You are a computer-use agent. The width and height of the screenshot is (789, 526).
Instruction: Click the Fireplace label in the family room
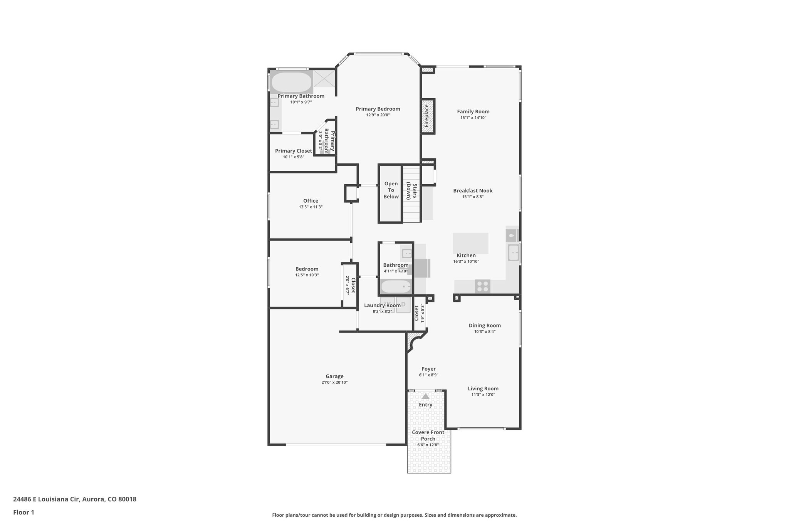coord(427,116)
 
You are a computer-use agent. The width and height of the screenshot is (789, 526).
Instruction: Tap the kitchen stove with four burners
coord(482,286)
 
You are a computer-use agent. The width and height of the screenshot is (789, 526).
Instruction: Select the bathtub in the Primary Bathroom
coord(292,82)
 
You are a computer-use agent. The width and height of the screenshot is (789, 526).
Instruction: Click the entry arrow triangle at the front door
coord(425,396)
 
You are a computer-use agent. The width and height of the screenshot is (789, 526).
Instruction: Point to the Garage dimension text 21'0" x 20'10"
coord(334,382)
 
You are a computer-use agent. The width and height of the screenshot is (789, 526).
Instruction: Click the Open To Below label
coord(391,190)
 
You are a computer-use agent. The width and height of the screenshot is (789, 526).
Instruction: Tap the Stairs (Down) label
coord(411,191)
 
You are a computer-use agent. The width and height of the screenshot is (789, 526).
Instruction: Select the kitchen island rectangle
coord(470,243)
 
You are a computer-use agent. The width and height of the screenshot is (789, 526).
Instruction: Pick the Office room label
coord(311,201)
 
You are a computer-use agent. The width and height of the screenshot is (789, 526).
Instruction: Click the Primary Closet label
coord(294,151)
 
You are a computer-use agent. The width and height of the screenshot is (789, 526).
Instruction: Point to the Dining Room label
coord(485,325)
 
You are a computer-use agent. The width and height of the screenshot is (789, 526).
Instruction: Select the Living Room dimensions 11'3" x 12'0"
coord(483,395)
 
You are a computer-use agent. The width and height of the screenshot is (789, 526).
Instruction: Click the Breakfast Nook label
coord(473,191)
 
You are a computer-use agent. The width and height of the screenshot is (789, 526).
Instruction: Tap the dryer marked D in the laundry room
coord(403,304)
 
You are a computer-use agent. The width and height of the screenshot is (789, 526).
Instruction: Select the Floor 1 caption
coord(24,512)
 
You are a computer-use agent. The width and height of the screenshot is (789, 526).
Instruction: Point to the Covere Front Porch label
coord(428,435)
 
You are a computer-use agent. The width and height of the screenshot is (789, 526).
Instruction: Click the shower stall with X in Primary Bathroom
coord(324,79)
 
